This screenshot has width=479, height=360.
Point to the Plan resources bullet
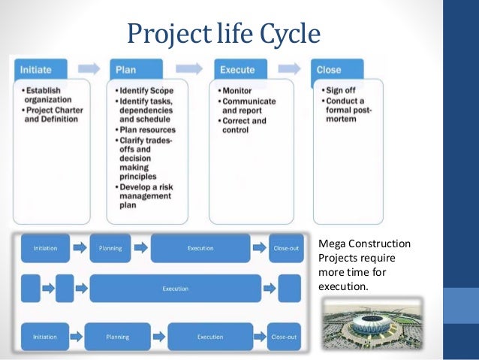(151, 129)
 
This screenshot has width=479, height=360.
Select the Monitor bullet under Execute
(239, 90)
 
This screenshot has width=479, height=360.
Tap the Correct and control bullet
(243, 125)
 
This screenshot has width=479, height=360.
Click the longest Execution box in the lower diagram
(176, 288)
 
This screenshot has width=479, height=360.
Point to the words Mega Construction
(364, 245)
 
